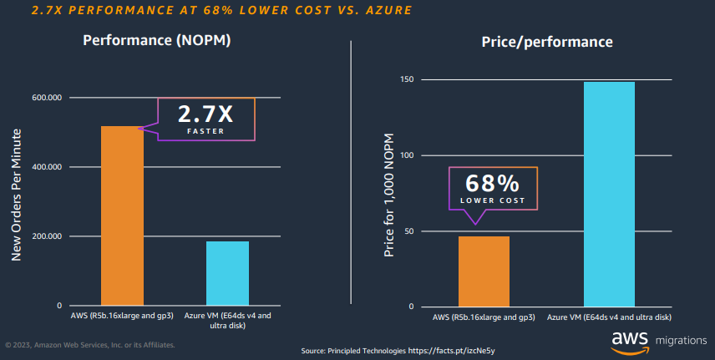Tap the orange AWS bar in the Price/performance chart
coord(484,271)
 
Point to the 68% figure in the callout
coord(492,184)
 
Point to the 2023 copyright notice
coord(89,343)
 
